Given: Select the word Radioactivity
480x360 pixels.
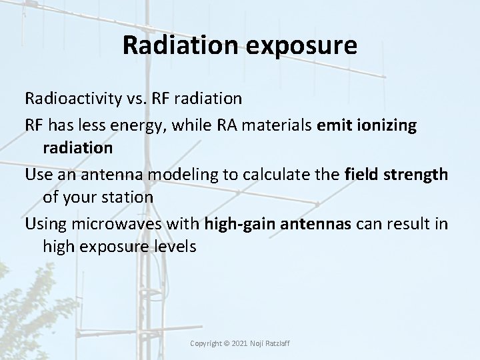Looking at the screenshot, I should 71,99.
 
